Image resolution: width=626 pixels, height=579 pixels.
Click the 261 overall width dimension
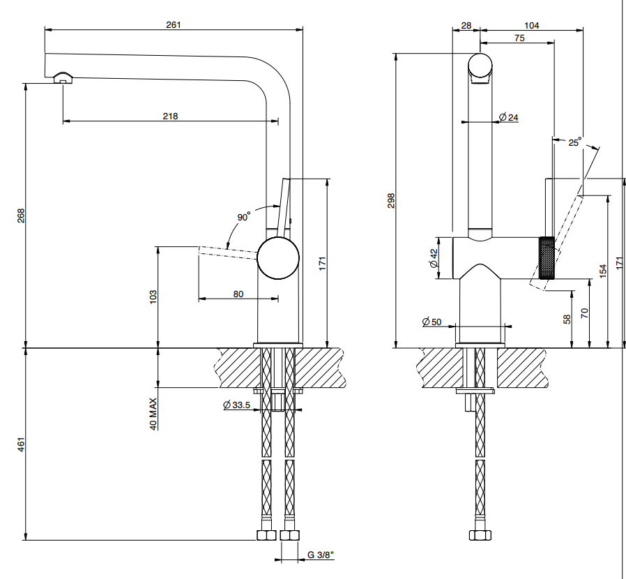(174, 25)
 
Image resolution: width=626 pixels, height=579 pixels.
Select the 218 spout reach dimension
(171, 116)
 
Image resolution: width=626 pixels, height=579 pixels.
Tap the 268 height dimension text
(21, 216)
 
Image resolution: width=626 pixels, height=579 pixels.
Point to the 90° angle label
(243, 216)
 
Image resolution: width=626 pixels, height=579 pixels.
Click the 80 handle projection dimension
(238, 294)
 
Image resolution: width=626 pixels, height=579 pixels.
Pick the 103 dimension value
(153, 297)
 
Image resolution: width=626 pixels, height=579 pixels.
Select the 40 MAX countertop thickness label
(153, 414)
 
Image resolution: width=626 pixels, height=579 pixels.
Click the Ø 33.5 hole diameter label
(237, 405)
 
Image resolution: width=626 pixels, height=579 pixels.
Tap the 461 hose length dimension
(21, 444)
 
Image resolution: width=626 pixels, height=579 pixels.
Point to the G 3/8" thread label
(321, 555)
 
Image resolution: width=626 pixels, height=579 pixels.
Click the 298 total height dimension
(391, 200)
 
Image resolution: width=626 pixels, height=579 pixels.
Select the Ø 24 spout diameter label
(509, 117)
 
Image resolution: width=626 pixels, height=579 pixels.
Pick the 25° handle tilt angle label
(575, 142)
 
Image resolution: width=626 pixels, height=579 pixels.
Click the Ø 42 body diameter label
(434, 258)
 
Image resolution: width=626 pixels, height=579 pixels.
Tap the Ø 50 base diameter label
(432, 322)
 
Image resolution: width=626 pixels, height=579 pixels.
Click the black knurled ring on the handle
(547, 257)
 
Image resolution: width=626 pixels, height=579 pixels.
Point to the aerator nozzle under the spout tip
(63, 78)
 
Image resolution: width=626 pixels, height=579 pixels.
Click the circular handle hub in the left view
(278, 258)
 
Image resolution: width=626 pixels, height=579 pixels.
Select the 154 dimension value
(603, 271)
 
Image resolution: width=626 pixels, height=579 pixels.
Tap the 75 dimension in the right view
(519, 38)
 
